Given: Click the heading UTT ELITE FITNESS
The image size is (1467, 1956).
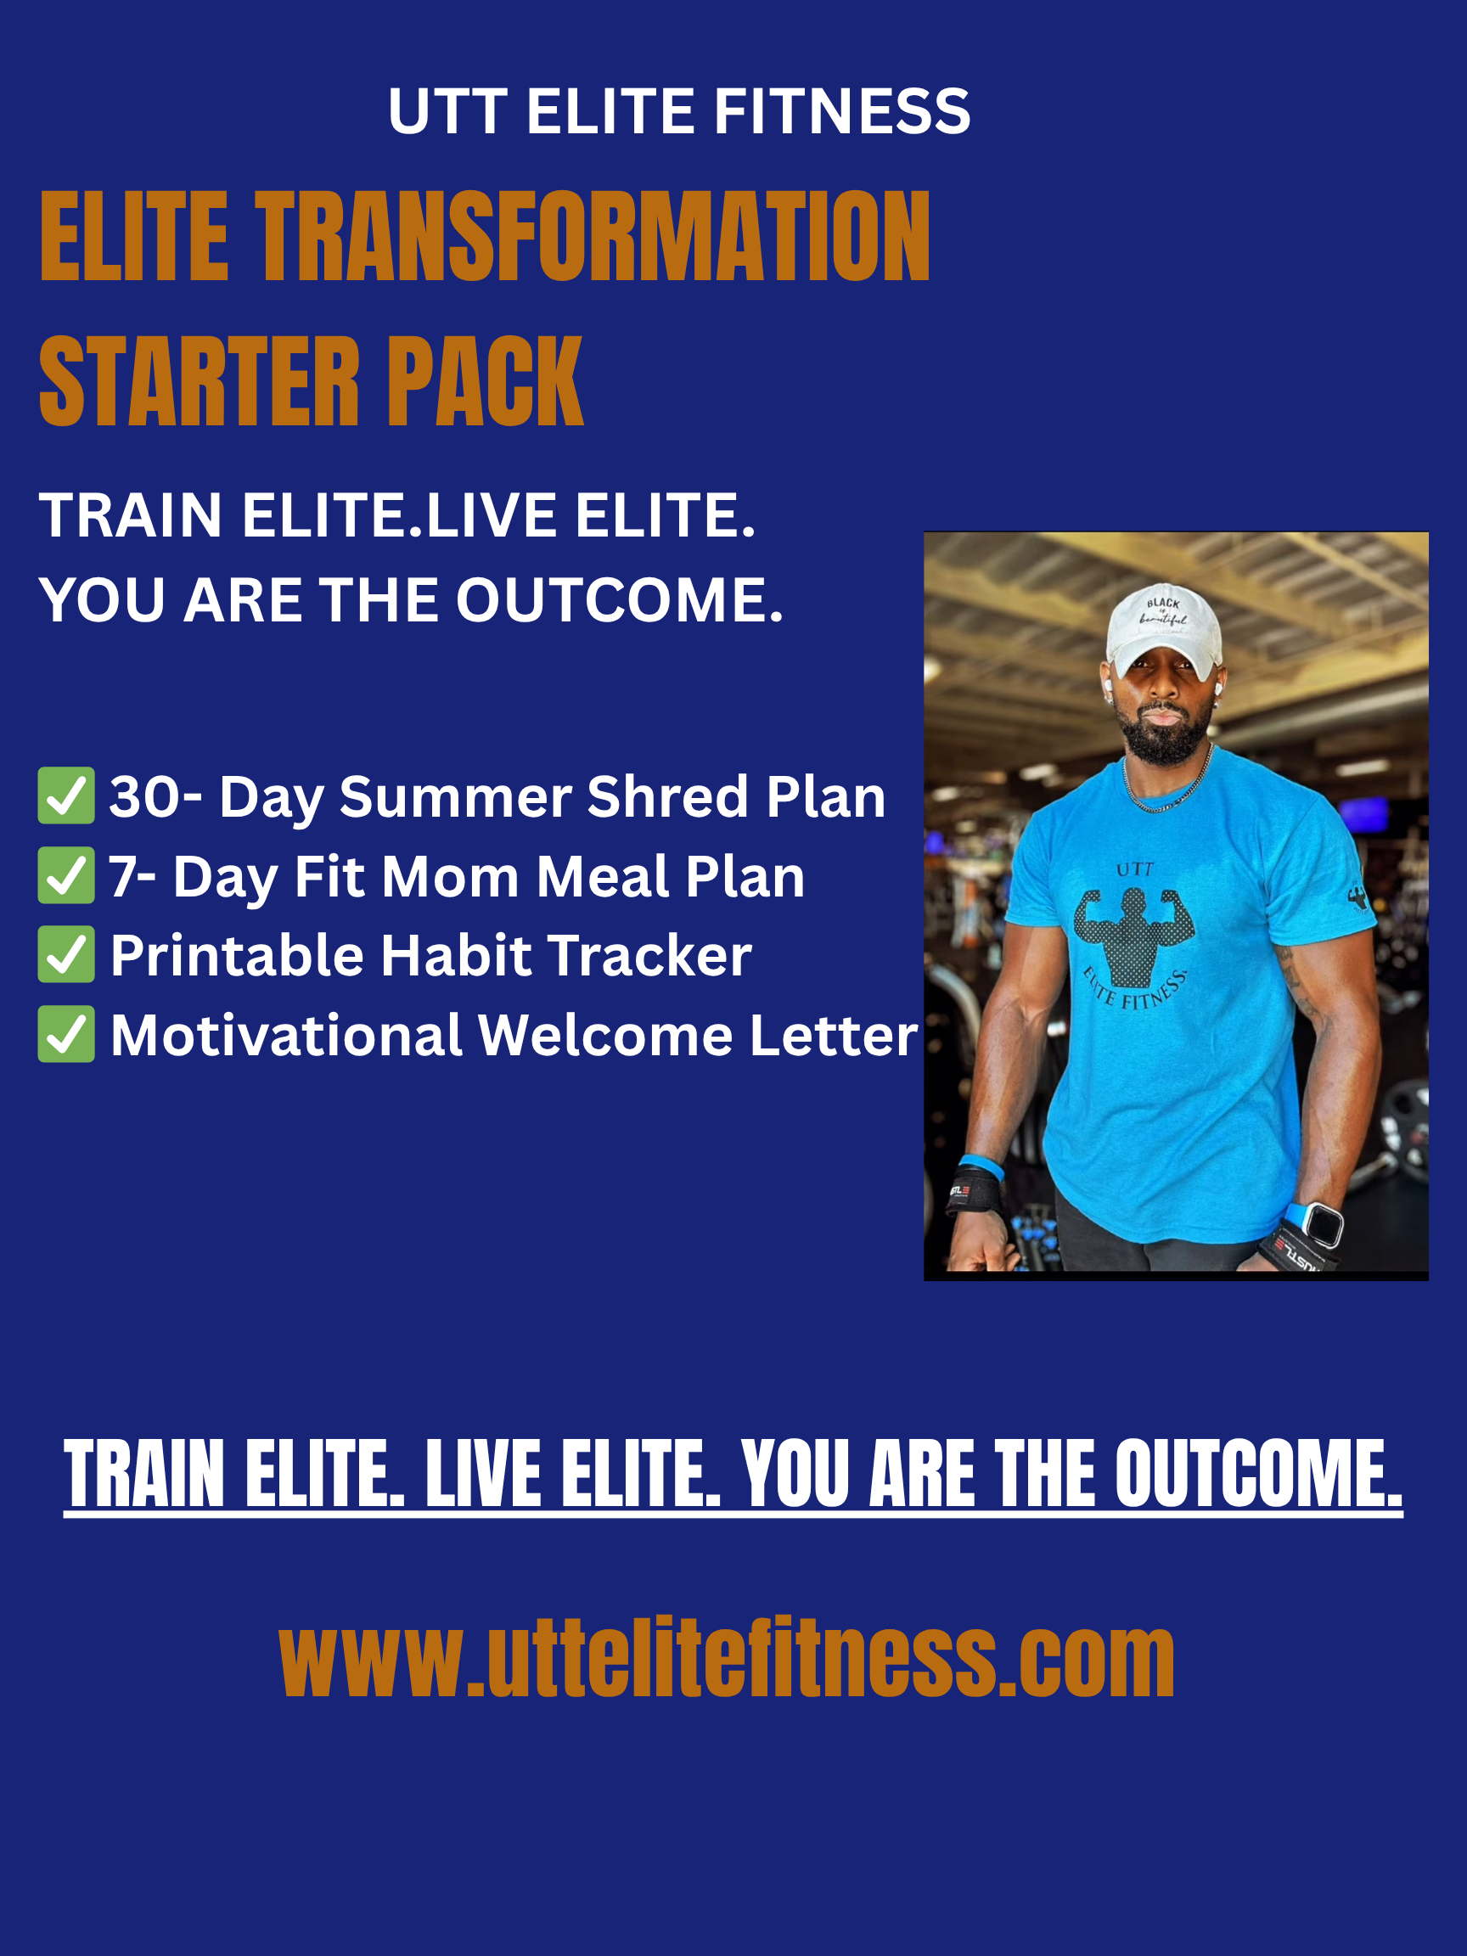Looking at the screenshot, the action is point(679,111).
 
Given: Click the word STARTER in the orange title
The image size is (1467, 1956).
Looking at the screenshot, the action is point(200,381).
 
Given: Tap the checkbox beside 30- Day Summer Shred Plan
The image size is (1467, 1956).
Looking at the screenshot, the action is point(66,795).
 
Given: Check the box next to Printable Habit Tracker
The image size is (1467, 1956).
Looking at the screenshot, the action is point(66,955).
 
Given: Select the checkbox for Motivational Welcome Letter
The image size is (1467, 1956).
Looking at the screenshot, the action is point(66,1035).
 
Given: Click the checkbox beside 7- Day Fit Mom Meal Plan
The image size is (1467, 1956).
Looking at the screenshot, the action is point(66,875).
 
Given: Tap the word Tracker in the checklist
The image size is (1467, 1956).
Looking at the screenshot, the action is point(649,956).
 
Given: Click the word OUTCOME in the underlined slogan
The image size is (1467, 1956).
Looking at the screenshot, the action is point(1258,1473).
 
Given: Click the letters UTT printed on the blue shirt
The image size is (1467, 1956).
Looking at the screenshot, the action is point(1134,869).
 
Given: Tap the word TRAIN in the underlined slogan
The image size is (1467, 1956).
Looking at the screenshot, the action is point(144,1473).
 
